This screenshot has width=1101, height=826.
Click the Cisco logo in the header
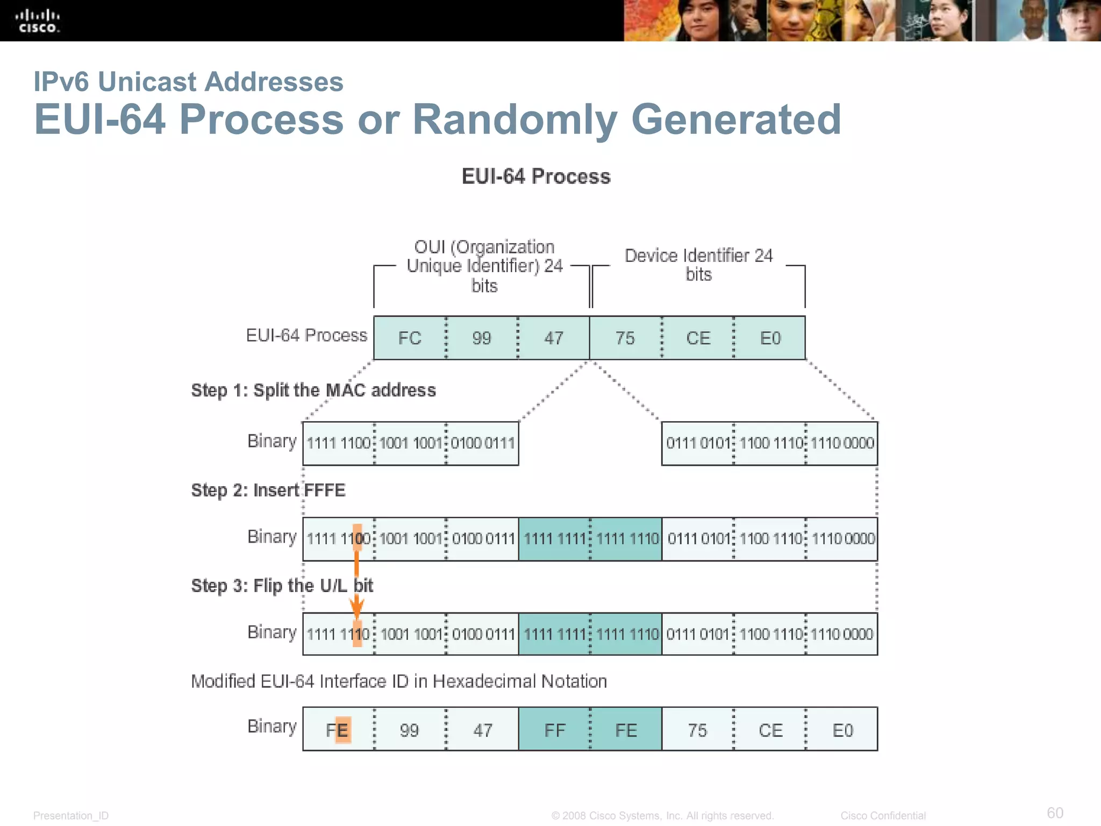coord(38,22)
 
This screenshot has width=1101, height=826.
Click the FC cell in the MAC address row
coord(410,338)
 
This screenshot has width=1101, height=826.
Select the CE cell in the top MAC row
coord(698,338)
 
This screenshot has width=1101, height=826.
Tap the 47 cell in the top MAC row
coord(554,338)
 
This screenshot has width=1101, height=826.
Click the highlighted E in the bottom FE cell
coord(343,730)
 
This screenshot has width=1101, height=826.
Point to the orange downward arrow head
coord(356,609)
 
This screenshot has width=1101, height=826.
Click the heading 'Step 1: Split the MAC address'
coord(313,390)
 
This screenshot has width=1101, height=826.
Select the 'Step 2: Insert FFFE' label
coord(268,490)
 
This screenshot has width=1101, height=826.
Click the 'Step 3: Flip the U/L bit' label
coord(282,586)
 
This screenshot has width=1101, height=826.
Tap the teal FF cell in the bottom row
coord(554,730)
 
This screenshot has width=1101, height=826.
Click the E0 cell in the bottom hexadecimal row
coord(842,730)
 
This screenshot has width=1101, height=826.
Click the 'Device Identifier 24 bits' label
coord(698,265)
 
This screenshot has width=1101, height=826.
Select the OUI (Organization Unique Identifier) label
coord(484,266)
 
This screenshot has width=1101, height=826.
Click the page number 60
coord(1055,813)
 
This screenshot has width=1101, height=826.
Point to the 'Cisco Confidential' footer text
coord(883,816)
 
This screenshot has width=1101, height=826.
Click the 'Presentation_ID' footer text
coord(71,816)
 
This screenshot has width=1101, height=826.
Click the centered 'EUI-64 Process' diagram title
coord(536,176)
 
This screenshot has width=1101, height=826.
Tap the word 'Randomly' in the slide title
coord(514,119)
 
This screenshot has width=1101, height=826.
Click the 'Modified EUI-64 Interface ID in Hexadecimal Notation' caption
coord(399,681)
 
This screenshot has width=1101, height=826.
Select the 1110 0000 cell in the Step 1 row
coord(842,443)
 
